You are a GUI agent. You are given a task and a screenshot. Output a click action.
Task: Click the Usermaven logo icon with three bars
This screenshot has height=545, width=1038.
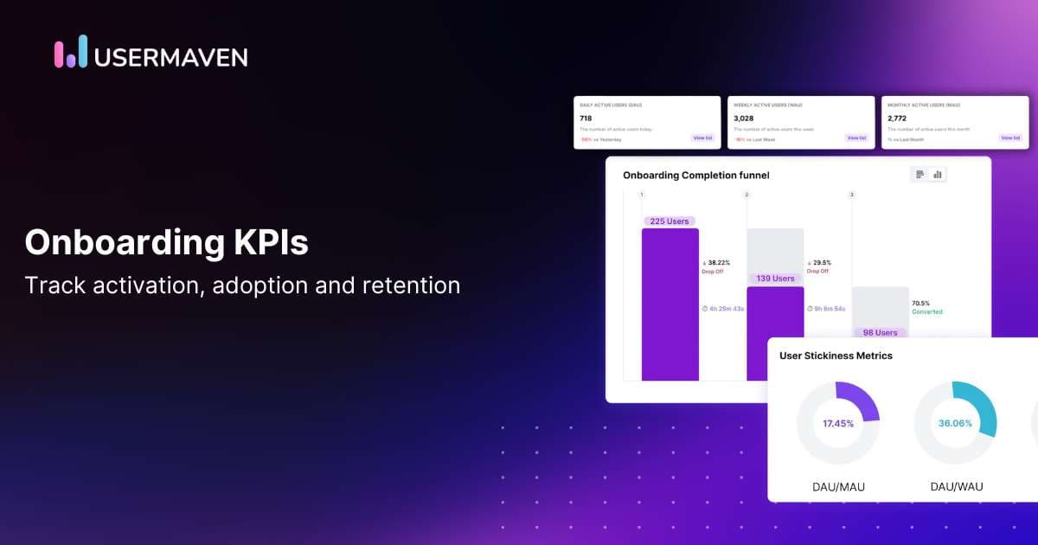pyautogui.click(x=71, y=52)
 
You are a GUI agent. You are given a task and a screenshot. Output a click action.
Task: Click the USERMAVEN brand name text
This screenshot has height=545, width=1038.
pyautogui.click(x=170, y=57)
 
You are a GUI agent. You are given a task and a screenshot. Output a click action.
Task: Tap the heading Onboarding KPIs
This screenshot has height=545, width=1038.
pyautogui.click(x=166, y=243)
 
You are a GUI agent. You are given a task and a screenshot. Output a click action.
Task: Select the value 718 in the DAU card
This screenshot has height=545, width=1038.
pyautogui.click(x=586, y=119)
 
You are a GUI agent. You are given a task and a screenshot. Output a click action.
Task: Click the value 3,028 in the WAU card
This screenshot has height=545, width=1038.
pyautogui.click(x=743, y=119)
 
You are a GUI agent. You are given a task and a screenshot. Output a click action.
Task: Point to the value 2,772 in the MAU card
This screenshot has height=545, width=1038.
pyautogui.click(x=898, y=119)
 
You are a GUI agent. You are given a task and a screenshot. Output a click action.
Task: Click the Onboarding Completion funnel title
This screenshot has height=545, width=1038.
pyautogui.click(x=695, y=176)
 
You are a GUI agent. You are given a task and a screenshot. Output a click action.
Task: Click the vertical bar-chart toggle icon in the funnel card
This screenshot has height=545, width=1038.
pyautogui.click(x=938, y=175)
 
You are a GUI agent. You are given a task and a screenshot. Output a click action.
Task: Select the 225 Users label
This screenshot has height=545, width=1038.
pyautogui.click(x=670, y=221)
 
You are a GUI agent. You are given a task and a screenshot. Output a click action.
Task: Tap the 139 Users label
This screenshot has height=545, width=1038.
pyautogui.click(x=775, y=279)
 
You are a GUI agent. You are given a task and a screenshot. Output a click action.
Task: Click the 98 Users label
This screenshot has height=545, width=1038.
pyautogui.click(x=880, y=332)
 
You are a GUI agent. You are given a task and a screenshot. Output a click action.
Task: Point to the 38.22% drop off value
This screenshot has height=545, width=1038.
pyautogui.click(x=718, y=263)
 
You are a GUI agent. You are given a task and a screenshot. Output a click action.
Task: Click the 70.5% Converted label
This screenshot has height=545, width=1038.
pyautogui.click(x=926, y=307)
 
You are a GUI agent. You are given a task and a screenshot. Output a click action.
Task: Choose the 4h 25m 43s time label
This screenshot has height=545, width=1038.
pyautogui.click(x=723, y=308)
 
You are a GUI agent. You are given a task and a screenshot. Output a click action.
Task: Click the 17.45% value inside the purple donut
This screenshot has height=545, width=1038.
pyautogui.click(x=838, y=424)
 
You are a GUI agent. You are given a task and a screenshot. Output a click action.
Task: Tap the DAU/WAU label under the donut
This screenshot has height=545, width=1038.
pyautogui.click(x=956, y=487)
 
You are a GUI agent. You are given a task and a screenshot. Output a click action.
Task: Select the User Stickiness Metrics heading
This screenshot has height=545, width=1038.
pyautogui.click(x=836, y=356)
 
